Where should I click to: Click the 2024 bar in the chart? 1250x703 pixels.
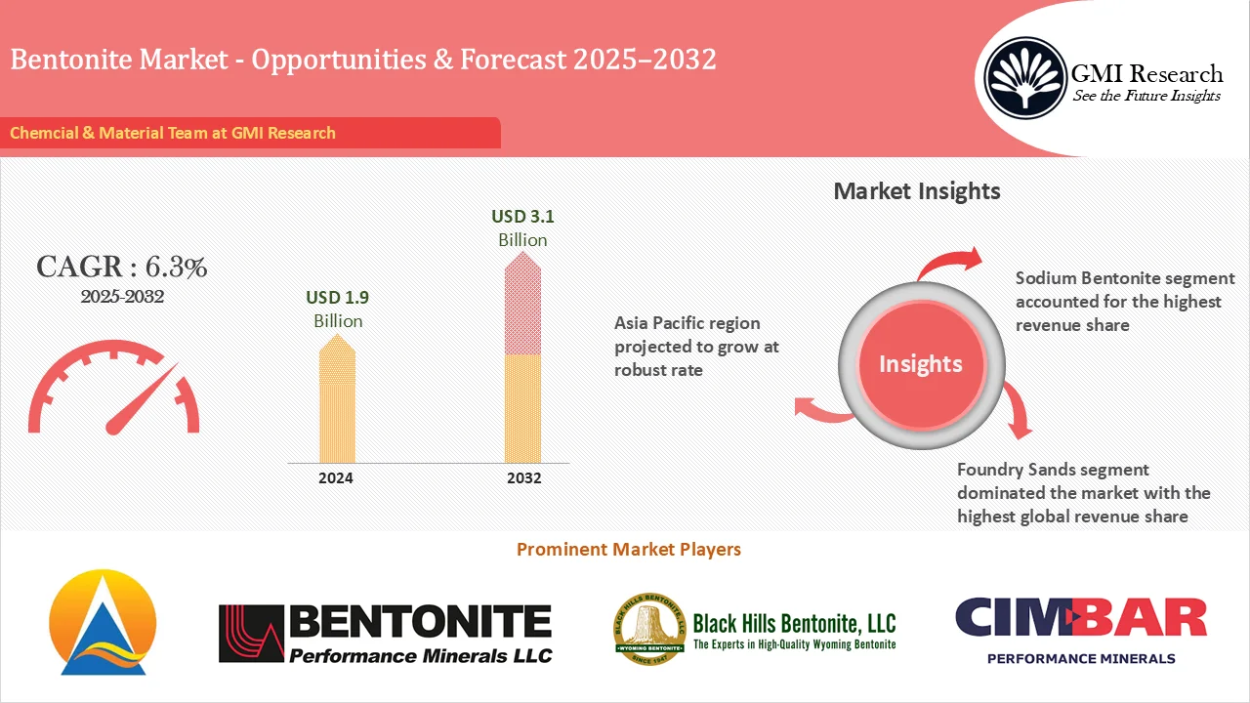[337, 400]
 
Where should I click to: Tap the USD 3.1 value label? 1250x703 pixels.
[522, 217]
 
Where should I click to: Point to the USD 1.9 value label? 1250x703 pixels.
[337, 298]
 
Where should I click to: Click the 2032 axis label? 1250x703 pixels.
[524, 478]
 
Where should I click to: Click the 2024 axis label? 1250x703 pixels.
[336, 478]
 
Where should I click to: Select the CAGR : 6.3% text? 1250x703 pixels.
[121, 267]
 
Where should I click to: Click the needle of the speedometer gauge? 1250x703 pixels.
[142, 400]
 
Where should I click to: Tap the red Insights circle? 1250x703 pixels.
[920, 364]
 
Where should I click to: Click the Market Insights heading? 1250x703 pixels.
[917, 190]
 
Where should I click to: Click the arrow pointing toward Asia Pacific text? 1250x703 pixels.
[822, 410]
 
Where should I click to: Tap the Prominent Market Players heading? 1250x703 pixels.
[628, 550]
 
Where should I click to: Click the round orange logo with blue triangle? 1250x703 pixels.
[103, 622]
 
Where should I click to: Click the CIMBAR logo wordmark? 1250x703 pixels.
[1081, 618]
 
